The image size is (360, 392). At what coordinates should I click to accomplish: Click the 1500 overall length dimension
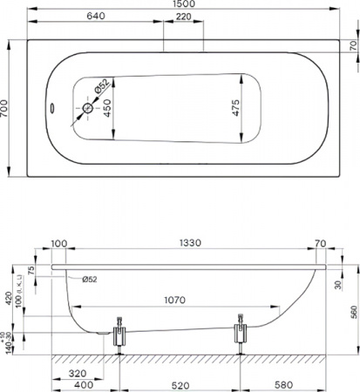click(x=183, y=5)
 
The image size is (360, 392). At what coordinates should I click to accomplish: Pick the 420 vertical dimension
click(x=7, y=301)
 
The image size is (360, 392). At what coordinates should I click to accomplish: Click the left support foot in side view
click(x=119, y=336)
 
